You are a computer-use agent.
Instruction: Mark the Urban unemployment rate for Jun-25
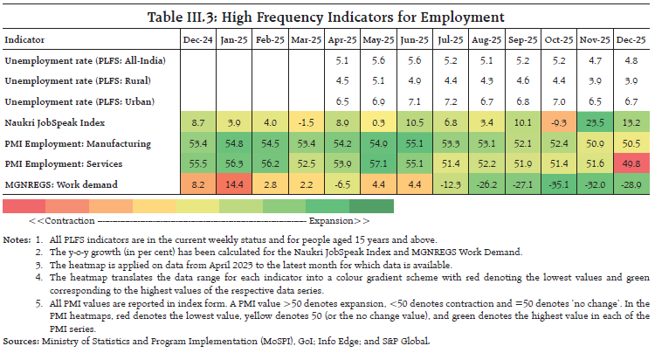[414, 100]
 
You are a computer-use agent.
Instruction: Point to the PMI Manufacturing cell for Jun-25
[414, 142]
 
